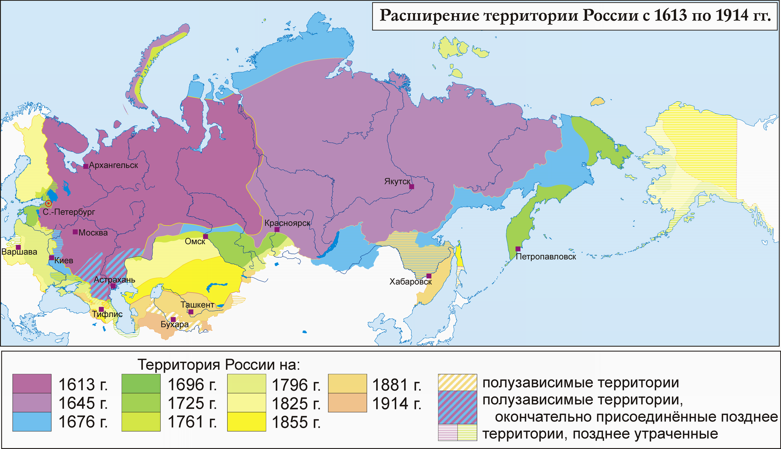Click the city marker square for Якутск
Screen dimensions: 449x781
coord(411,186)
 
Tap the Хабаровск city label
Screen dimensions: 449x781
coord(411,282)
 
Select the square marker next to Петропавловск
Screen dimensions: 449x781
coord(518,249)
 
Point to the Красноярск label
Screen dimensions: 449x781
coord(287,223)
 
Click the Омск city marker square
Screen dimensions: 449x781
coord(205,237)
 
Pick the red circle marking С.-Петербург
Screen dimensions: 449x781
coord(48,204)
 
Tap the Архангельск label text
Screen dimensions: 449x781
coord(114,165)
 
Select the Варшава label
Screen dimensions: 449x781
coord(19,252)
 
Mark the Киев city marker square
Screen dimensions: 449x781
coord(52,258)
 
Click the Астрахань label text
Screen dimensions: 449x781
coord(115,280)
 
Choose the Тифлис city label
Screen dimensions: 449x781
coord(107,314)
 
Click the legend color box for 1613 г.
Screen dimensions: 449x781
coord(32,384)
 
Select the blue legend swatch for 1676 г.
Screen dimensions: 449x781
coord(32,422)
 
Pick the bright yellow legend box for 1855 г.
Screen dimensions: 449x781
coord(246,422)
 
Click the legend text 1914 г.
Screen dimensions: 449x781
coord(397,404)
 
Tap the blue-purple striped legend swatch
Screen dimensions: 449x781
coord(458,407)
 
